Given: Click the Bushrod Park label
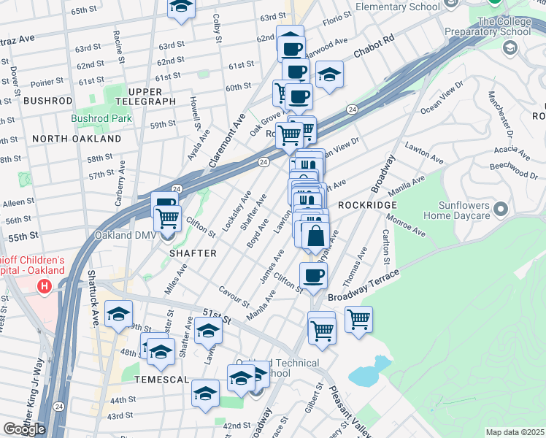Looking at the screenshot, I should pos(101,118).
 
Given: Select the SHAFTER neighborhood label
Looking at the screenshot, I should pos(193,253).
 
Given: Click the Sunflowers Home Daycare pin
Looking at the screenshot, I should pos(501,210).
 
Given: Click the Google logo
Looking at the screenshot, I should pos(24,429).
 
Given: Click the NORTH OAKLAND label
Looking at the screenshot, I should pos(77,139).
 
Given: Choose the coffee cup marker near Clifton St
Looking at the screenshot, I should pos(314,275).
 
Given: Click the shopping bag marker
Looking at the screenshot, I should pos(316,236).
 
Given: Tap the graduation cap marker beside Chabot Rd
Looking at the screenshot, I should pos(330,75).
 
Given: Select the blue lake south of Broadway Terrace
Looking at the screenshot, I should pos(366,372).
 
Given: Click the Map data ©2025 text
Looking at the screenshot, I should pos(515,432).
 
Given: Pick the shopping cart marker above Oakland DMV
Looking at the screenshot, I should pos(168,217).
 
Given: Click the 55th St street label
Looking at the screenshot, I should pos(23,237).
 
